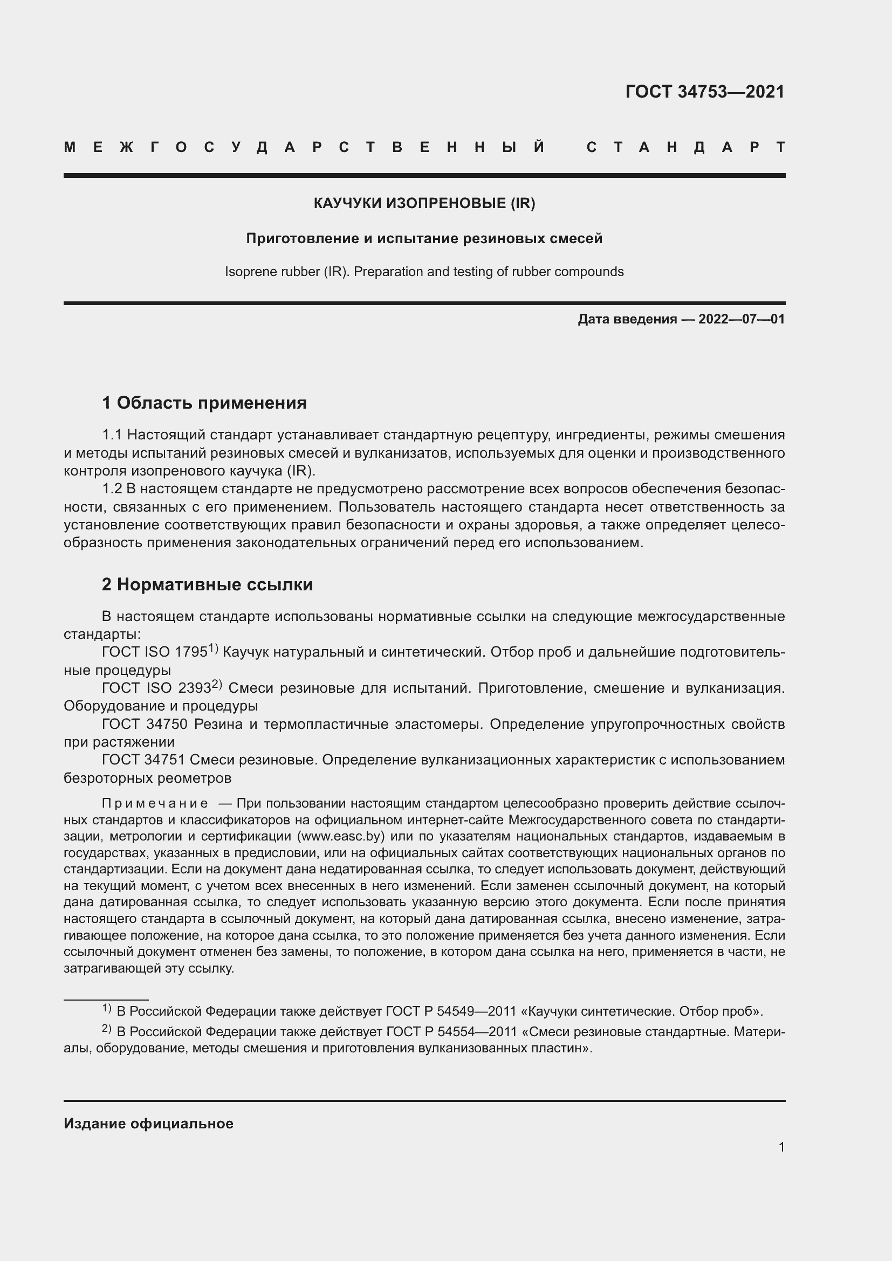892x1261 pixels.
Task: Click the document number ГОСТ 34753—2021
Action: coord(705,92)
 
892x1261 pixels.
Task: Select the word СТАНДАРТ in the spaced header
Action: coord(685,148)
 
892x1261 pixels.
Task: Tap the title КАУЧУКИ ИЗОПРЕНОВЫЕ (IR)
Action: coord(424,203)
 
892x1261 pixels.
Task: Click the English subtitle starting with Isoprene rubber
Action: coord(424,272)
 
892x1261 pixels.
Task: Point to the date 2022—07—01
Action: coord(741,319)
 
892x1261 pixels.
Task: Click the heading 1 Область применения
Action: coord(204,403)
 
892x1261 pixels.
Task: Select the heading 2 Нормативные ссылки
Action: coord(207,585)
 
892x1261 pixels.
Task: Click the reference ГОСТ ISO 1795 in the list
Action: coord(155,652)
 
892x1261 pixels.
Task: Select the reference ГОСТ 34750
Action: coord(145,725)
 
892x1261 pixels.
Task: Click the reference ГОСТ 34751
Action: coord(145,760)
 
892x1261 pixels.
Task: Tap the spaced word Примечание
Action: coord(155,804)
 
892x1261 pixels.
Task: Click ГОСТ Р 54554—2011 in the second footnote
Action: coord(451,1032)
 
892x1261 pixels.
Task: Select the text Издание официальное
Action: coord(148,1124)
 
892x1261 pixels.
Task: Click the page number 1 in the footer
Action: coord(781,1147)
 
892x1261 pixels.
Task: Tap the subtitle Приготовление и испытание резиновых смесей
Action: coord(424,238)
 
